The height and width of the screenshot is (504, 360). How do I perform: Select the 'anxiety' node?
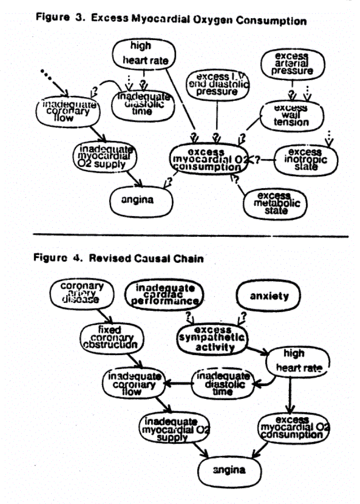pos(269,296)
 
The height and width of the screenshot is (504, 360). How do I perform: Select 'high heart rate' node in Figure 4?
pos(294,361)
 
